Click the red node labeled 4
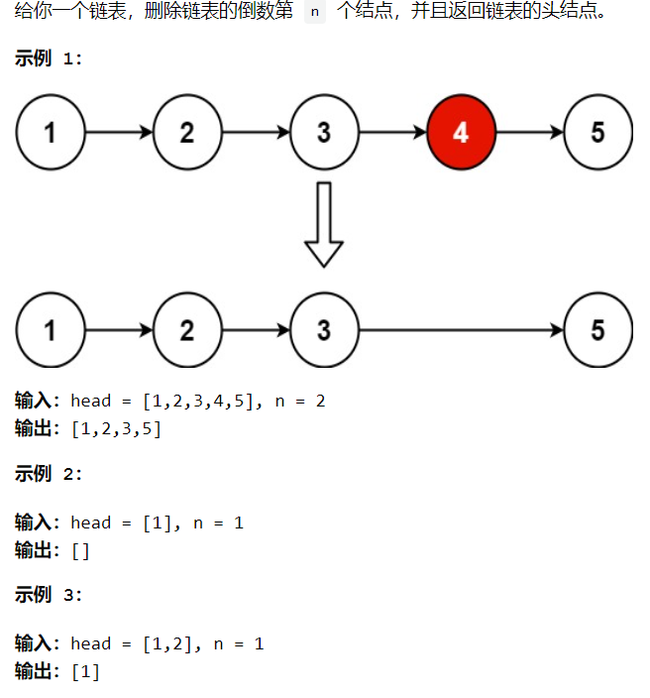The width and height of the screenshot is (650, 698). coord(461,132)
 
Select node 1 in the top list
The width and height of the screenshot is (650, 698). coord(51,132)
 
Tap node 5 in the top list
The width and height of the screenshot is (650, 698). coord(597,132)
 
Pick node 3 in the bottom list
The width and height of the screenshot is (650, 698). coord(324,329)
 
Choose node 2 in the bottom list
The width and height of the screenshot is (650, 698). coord(187,329)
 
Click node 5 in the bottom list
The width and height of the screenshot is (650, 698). coord(597,329)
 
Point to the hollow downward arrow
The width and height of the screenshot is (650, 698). coord(323,225)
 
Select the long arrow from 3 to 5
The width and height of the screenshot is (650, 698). coord(461,329)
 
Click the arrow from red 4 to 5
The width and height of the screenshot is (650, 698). coord(529,132)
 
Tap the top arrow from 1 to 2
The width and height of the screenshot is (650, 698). coord(119,132)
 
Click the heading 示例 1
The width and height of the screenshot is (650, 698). coord(49,58)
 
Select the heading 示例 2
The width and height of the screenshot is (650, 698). coord(49,474)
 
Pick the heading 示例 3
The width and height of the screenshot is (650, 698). coord(49,595)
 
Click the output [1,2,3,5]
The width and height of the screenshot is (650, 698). coord(116,428)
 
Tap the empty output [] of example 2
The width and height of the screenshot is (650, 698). coord(80,550)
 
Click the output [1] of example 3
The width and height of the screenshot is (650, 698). coord(85,671)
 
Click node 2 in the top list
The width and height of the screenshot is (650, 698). coord(187,132)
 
